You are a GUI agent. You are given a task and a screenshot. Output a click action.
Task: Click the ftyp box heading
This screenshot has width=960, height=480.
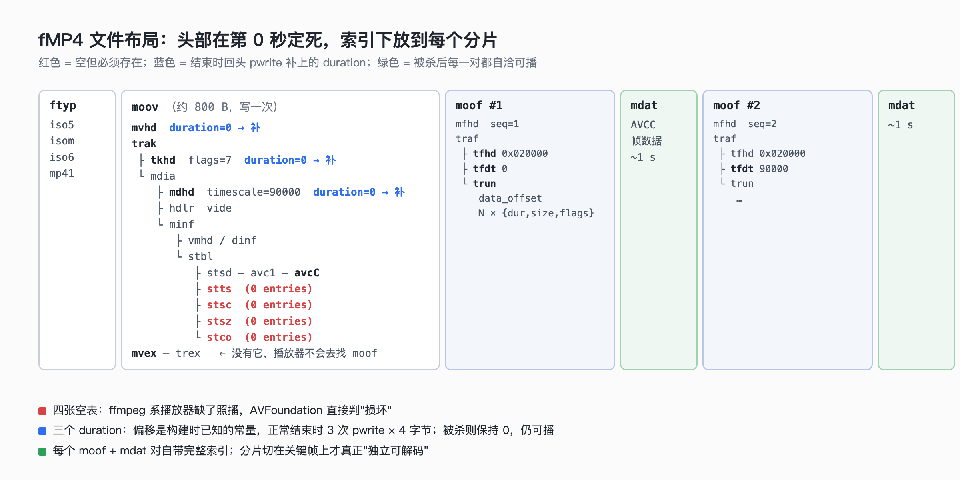tap(63, 106)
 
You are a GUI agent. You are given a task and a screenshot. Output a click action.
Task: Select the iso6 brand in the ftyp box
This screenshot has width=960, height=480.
tap(62, 157)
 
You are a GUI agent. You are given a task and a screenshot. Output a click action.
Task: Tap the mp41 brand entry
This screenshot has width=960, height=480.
tap(62, 174)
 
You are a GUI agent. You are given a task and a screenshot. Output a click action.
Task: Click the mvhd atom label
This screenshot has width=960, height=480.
tap(144, 128)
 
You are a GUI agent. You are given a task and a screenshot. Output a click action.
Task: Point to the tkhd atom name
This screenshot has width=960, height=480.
tap(163, 160)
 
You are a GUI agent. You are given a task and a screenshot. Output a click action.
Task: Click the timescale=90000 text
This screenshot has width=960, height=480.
tap(254, 192)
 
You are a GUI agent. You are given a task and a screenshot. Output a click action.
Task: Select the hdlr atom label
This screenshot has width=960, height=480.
tap(182, 208)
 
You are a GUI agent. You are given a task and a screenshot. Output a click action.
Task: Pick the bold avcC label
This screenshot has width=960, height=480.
tap(307, 273)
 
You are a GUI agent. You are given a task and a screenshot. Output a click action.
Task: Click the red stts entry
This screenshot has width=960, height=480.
tap(219, 289)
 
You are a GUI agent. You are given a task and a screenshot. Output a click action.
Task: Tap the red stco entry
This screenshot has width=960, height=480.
tap(219, 337)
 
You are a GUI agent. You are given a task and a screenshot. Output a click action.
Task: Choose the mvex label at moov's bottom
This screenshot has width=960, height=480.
tap(144, 353)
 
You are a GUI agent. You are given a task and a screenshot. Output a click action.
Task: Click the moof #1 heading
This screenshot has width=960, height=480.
tap(479, 106)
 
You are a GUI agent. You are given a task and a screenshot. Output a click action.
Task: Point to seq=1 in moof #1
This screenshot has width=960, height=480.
tap(505, 124)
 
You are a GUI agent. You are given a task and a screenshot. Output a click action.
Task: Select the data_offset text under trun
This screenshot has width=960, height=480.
tap(510, 198)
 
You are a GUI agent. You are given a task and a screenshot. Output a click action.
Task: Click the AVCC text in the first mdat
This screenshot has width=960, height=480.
tap(643, 125)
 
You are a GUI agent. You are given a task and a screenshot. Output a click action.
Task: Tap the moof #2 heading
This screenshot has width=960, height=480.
tap(737, 106)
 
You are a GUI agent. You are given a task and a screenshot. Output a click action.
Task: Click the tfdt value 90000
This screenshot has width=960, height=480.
tap(774, 169)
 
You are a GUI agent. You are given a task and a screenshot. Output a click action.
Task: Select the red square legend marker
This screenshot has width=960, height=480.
tap(42, 411)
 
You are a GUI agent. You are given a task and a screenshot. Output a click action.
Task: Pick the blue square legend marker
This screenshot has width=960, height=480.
tap(42, 431)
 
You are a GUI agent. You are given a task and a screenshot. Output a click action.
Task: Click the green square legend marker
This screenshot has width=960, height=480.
tap(42, 452)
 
